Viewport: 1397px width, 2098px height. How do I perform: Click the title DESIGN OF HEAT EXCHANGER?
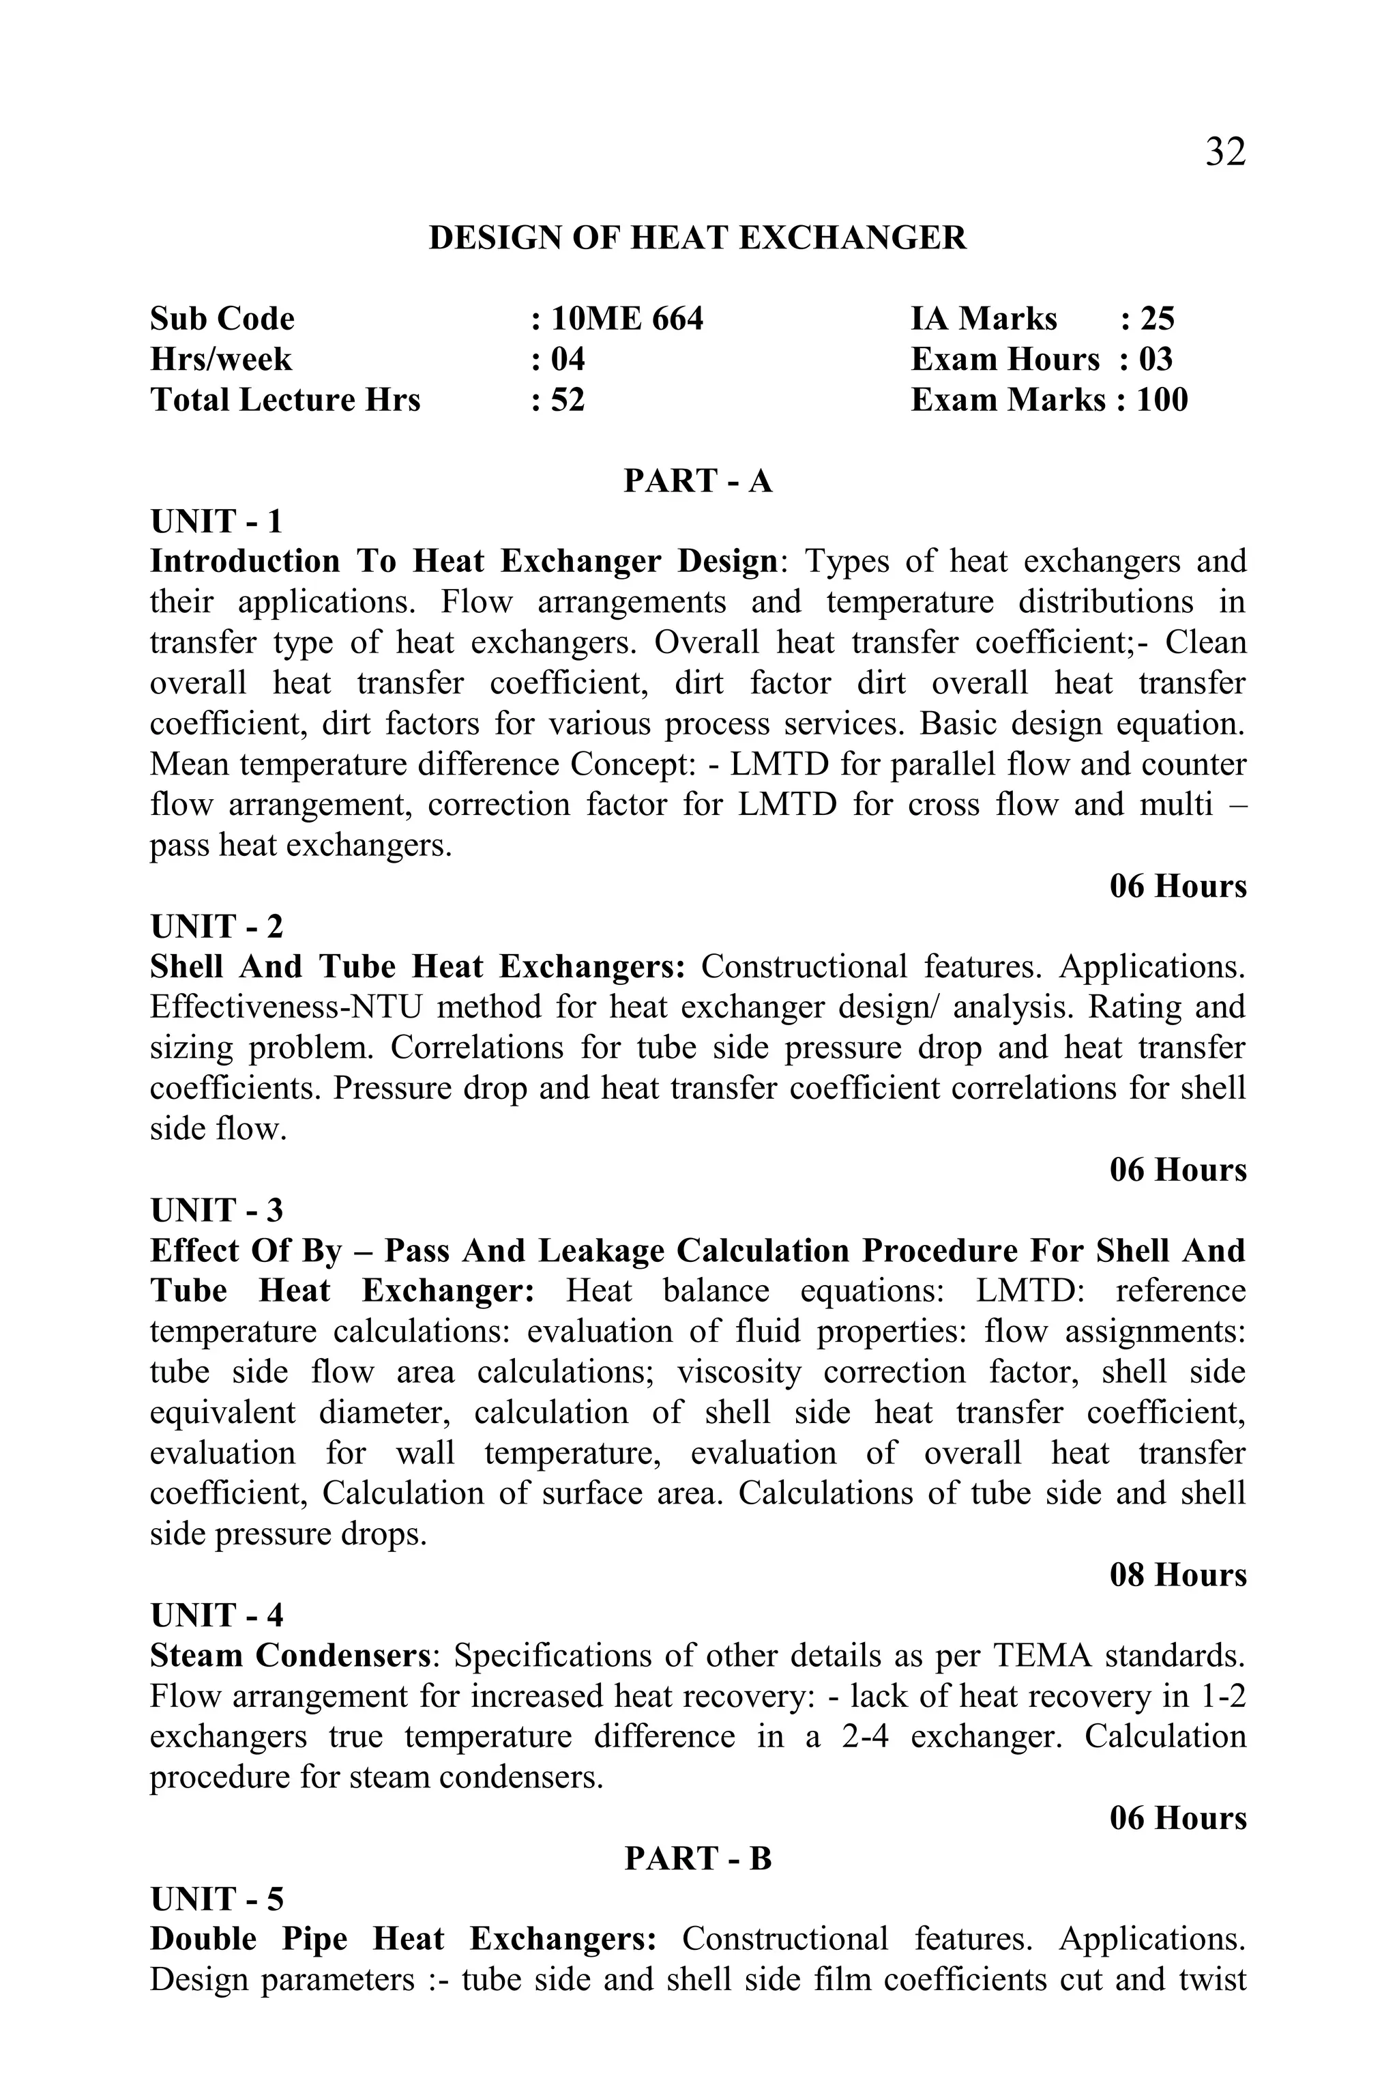pos(698,238)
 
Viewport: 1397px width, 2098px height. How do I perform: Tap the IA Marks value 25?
pos(1158,319)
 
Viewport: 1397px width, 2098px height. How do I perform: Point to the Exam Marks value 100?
pos(1162,399)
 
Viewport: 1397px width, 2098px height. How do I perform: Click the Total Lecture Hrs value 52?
pos(568,399)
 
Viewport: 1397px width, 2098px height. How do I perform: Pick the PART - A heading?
pos(698,480)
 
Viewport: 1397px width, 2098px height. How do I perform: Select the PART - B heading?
pos(698,1858)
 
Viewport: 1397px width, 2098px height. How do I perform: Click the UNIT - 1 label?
pos(216,521)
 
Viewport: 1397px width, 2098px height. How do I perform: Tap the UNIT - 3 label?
pos(216,1210)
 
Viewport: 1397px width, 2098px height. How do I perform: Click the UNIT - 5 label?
pos(216,1899)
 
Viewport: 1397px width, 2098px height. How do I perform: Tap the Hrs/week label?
pos(221,359)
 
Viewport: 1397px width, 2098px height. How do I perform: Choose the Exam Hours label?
pos(1005,359)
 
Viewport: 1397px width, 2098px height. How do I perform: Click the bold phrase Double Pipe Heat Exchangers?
pos(404,1940)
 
